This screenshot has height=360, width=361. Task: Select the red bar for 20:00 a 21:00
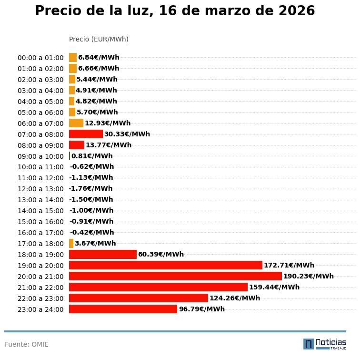tap(175, 276)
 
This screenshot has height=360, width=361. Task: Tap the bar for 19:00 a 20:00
tap(165, 265)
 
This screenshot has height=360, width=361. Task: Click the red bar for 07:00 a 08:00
tap(86, 134)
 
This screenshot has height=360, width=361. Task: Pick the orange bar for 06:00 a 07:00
tap(76, 123)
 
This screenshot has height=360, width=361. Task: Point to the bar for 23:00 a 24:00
tap(123, 309)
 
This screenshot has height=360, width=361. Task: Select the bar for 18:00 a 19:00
tap(103, 254)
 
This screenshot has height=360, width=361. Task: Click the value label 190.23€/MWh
tap(308, 276)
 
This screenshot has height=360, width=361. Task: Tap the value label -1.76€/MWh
tap(90, 188)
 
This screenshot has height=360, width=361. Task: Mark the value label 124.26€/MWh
tap(235, 298)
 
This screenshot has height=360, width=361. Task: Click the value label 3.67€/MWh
tap(95, 243)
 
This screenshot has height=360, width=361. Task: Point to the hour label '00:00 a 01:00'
tap(40, 58)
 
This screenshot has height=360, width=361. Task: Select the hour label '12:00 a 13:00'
tap(40, 189)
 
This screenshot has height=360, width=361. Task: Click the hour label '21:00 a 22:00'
tap(40, 288)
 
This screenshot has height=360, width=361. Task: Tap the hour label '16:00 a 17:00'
tap(40, 233)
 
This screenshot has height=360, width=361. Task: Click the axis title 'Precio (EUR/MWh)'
tap(99, 39)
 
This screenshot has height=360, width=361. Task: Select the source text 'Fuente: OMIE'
tap(27, 344)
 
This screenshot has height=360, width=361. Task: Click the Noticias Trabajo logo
tap(325, 344)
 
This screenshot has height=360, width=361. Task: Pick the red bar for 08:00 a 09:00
tap(77, 145)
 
